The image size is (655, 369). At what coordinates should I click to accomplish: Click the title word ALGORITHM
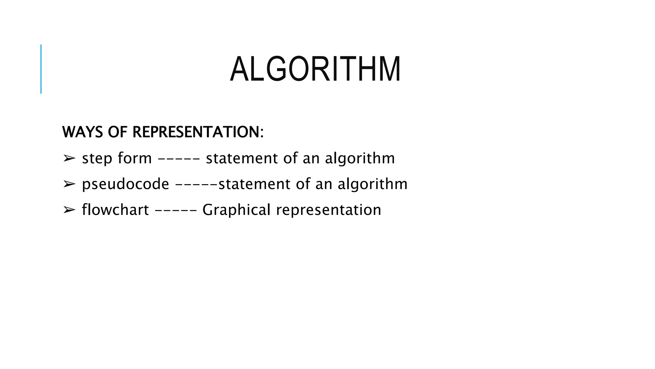click(315, 70)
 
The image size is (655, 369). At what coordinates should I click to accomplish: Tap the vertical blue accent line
click(41, 69)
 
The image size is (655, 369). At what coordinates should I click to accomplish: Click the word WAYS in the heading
click(83, 132)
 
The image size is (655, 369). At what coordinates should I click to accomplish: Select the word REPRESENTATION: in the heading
click(198, 132)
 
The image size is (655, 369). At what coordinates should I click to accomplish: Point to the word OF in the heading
click(118, 132)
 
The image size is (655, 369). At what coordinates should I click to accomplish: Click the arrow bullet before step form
click(69, 158)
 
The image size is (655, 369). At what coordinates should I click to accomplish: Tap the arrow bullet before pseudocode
click(69, 184)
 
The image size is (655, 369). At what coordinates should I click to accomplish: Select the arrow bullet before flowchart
click(69, 210)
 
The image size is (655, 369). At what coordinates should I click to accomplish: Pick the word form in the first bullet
click(135, 158)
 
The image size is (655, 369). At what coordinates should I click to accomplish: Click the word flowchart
click(115, 210)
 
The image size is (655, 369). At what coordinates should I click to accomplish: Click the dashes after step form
click(179, 158)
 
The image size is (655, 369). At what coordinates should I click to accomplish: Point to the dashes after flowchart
click(176, 210)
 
